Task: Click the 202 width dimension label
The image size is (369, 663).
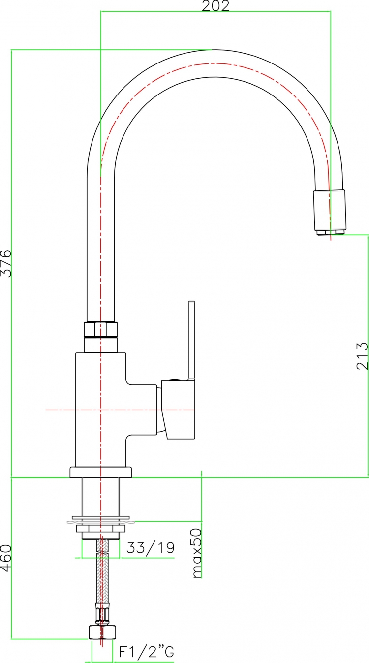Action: click(x=215, y=5)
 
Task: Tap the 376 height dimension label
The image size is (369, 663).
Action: click(x=6, y=263)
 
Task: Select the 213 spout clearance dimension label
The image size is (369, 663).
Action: click(x=362, y=356)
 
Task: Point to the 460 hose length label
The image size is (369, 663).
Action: click(x=6, y=558)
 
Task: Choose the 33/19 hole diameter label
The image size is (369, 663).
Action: click(x=151, y=548)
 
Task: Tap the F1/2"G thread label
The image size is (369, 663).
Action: click(x=146, y=651)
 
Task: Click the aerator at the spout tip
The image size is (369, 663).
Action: click(x=330, y=213)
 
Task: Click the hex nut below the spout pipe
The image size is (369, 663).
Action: click(x=101, y=329)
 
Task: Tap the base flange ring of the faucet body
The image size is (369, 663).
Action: click(x=101, y=473)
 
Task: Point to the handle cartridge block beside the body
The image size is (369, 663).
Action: click(x=178, y=410)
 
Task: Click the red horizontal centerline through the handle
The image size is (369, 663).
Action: click(x=120, y=410)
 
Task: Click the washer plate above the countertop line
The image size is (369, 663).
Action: click(x=101, y=518)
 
